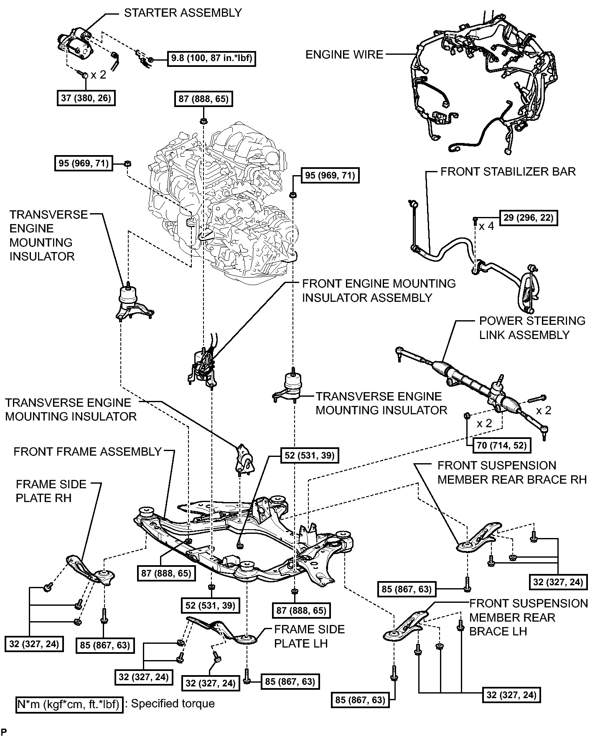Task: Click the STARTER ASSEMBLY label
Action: (x=183, y=13)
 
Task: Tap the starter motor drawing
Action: (x=75, y=45)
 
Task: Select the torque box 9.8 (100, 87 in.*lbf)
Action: (x=211, y=58)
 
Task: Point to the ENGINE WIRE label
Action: (x=344, y=55)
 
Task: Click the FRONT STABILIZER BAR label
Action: (x=508, y=171)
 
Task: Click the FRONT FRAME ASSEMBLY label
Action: (x=88, y=451)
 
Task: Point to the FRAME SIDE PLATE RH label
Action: (x=51, y=491)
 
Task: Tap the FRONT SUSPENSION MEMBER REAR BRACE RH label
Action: (x=512, y=472)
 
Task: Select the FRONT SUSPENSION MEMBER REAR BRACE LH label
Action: (x=529, y=617)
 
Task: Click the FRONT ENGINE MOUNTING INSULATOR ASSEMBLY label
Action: (x=379, y=291)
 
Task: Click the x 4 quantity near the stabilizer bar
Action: (x=486, y=226)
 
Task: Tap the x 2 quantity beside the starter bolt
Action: (x=99, y=75)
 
